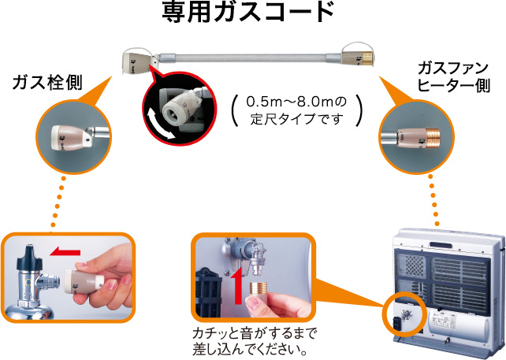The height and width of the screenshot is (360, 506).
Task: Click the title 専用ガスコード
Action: coord(253,13)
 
